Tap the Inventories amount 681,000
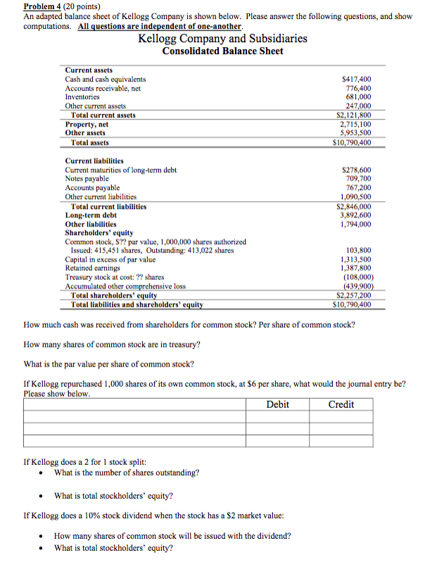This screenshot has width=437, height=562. tap(357, 97)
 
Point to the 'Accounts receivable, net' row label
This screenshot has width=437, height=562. tap(103, 89)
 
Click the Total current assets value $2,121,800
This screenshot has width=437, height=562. tap(354, 115)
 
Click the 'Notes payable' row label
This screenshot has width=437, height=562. tap(87, 179)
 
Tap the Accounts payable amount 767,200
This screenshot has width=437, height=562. tap(357, 188)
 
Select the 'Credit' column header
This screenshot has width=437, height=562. tap(341, 404)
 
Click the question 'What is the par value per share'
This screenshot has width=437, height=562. tap(109, 364)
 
